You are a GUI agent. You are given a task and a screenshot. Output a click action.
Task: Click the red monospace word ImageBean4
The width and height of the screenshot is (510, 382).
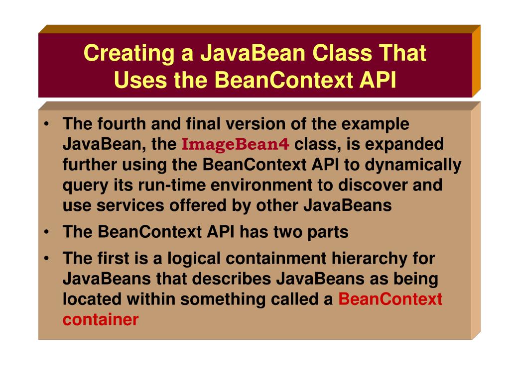click(x=236, y=145)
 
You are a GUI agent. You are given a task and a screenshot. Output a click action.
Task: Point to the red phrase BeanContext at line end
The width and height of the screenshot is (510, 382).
click(x=390, y=299)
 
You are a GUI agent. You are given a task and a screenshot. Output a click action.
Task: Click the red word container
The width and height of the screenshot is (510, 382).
click(x=100, y=320)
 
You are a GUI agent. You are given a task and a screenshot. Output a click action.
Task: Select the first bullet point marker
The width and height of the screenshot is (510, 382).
click(x=46, y=124)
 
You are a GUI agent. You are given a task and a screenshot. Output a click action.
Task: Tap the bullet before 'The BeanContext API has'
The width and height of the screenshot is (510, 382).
click(x=46, y=232)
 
